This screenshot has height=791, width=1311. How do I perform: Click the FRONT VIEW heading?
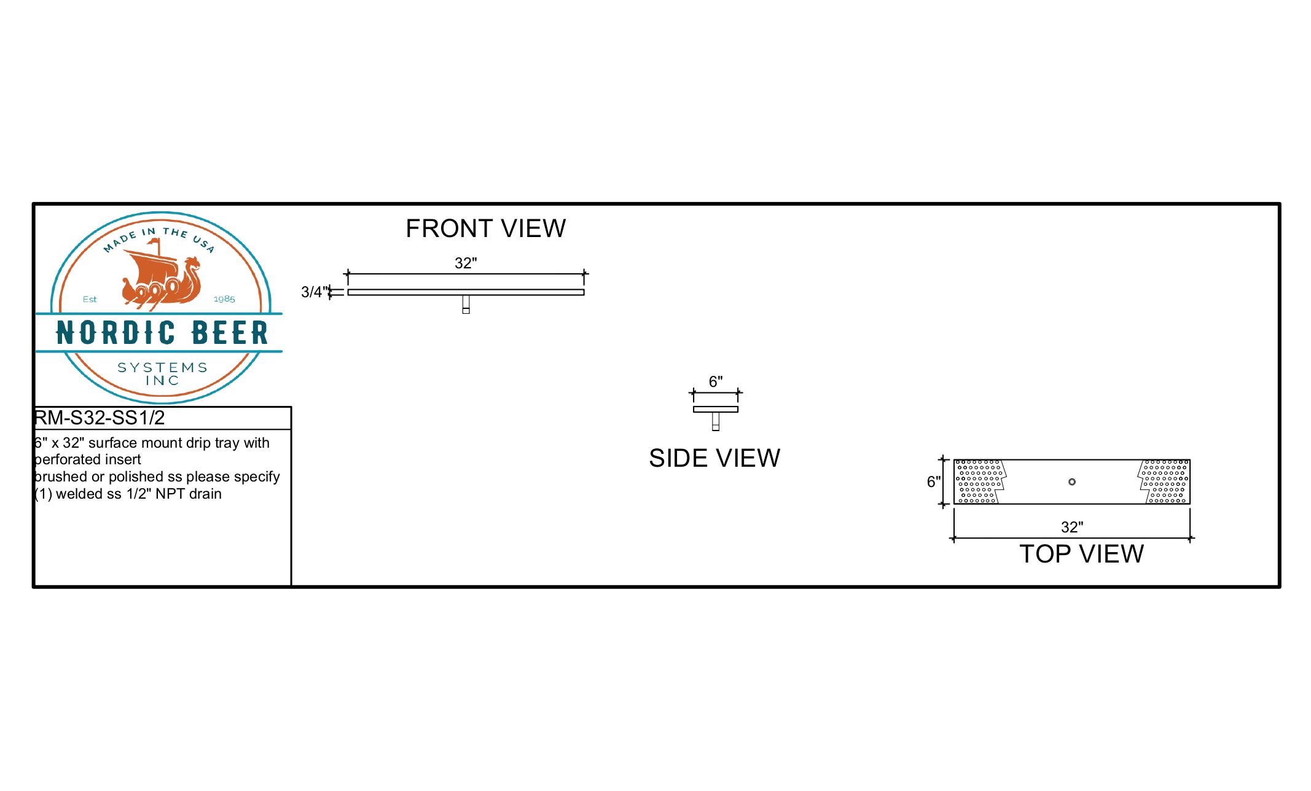point(485,228)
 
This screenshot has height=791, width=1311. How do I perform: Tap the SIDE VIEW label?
point(714,458)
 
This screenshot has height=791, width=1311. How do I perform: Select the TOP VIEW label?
point(1081,554)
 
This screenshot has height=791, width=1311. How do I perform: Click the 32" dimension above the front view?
point(466,263)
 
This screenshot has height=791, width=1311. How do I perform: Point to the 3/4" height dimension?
point(312,292)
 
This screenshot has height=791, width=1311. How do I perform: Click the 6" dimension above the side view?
point(716,382)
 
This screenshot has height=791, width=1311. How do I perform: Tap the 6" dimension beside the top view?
point(934,482)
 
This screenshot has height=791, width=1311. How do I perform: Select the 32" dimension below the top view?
point(1072,528)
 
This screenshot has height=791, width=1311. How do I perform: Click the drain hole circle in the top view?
point(1072,482)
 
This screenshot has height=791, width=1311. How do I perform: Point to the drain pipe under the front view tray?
point(466,305)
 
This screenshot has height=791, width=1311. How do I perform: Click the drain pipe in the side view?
point(716,421)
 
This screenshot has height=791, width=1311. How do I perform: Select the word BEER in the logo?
point(230,333)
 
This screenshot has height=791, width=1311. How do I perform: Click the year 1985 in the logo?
point(224,299)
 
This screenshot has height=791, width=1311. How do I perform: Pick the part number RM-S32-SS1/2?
point(100,418)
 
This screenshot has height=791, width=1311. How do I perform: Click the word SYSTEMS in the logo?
point(163,367)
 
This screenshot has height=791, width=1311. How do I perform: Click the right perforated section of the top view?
point(1164,481)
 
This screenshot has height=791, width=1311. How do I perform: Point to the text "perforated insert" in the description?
point(88,460)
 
